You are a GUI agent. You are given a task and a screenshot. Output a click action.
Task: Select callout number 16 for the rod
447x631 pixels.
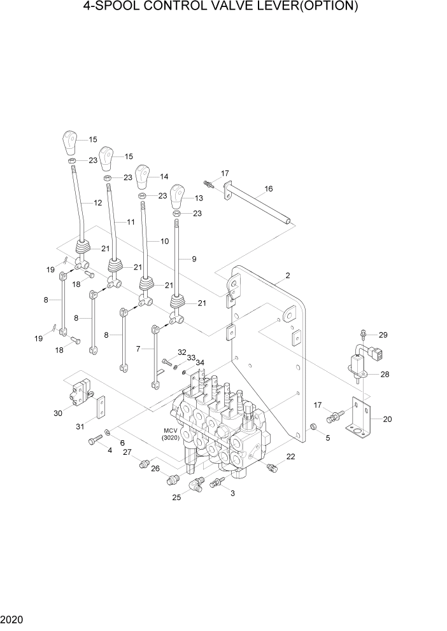pos(268,189)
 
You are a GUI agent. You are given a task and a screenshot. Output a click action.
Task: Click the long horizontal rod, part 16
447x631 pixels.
pos(261,206)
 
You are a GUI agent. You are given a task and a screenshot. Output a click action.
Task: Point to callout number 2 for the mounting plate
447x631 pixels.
pos(288,275)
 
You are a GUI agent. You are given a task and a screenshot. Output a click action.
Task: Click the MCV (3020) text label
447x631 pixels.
pos(171,434)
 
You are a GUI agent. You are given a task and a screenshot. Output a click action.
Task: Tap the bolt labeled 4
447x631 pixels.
pos(95,439)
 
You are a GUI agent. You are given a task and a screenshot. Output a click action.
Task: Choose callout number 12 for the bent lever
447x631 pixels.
pos(97,203)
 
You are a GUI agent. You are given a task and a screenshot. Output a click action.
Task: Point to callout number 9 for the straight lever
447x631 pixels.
pos(194,259)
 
